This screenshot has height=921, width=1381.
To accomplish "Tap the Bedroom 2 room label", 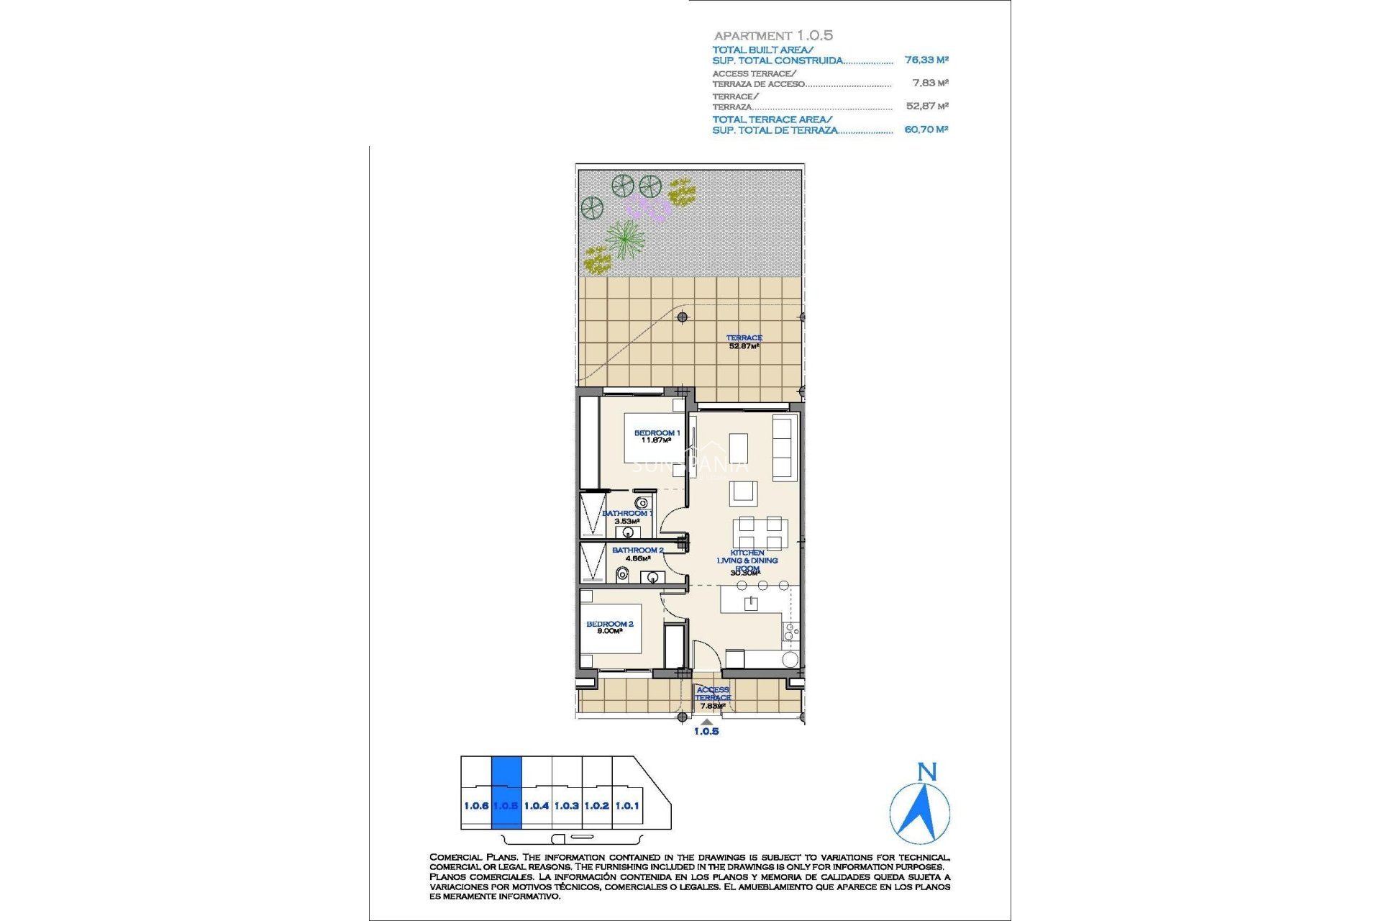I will [x=609, y=627].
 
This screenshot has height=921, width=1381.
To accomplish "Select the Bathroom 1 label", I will [x=626, y=517].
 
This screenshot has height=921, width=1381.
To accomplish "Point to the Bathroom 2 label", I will [x=637, y=553].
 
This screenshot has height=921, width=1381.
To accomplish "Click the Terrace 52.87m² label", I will [x=744, y=342].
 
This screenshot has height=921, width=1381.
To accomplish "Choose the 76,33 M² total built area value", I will [x=926, y=60].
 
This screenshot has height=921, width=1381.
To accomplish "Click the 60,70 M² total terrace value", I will [x=926, y=130].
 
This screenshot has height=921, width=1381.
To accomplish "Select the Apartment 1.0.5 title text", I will [x=773, y=35].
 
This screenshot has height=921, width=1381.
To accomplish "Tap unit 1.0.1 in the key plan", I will [x=627, y=806].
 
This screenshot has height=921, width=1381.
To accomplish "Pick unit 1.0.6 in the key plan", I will [x=476, y=806].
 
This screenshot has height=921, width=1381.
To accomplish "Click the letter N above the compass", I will [x=927, y=773].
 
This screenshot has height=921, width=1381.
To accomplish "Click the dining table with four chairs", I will [x=760, y=534].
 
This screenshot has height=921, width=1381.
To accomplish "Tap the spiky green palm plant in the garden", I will [x=624, y=238].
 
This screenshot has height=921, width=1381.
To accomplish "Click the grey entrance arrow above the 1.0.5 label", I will [x=706, y=722].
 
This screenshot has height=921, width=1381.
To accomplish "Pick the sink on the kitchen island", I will [x=751, y=603].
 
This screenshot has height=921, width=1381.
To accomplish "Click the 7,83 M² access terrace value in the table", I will [x=930, y=83].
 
